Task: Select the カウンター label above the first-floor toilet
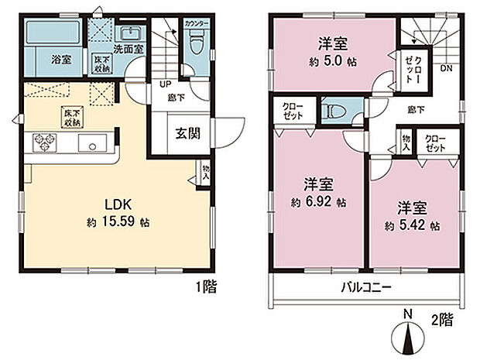(197, 24)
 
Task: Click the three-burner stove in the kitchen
(44, 142)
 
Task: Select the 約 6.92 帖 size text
(318, 201)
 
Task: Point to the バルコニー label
(367, 288)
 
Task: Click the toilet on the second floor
(334, 111)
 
